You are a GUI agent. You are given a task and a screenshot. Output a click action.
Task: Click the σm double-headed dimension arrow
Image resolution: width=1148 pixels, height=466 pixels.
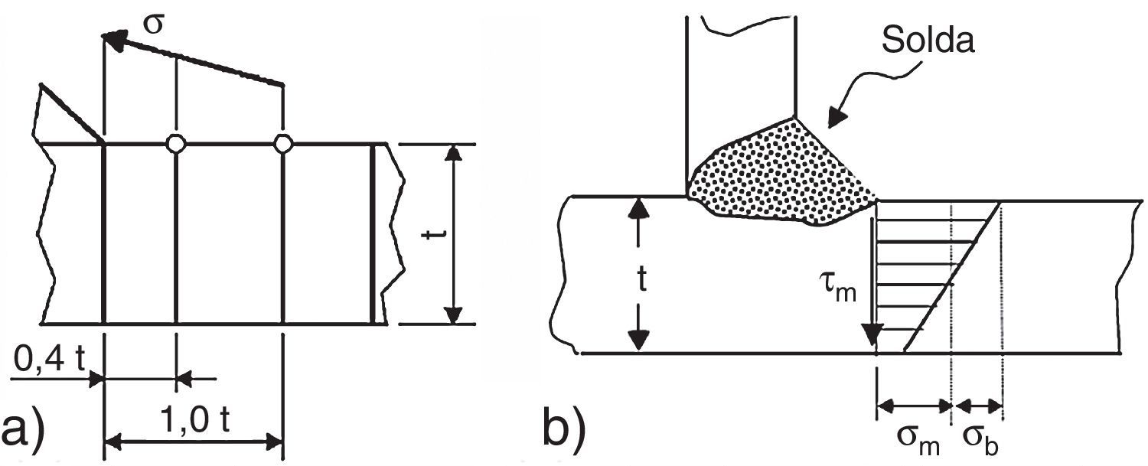914,405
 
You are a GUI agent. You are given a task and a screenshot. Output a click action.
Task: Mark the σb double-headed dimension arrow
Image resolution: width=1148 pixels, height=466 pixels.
977,405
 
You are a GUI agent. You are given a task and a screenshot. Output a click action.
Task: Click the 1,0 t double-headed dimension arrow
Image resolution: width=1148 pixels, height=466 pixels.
194,441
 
